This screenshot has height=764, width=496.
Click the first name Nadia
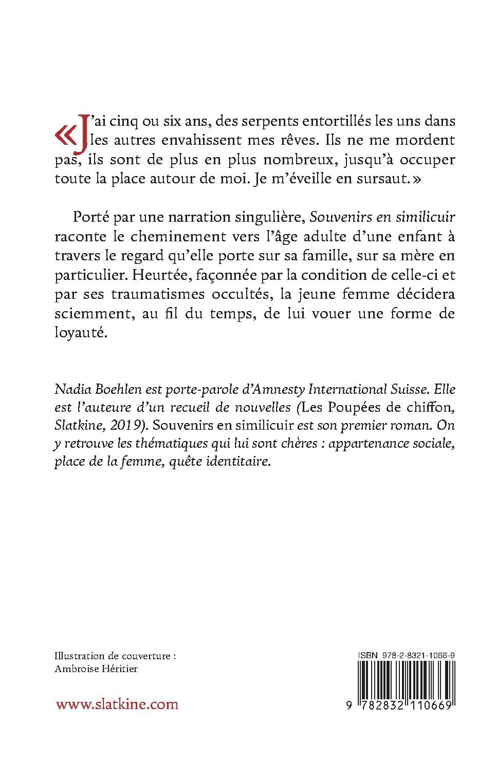pos(70,388)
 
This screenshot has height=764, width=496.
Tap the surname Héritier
pos(121,669)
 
